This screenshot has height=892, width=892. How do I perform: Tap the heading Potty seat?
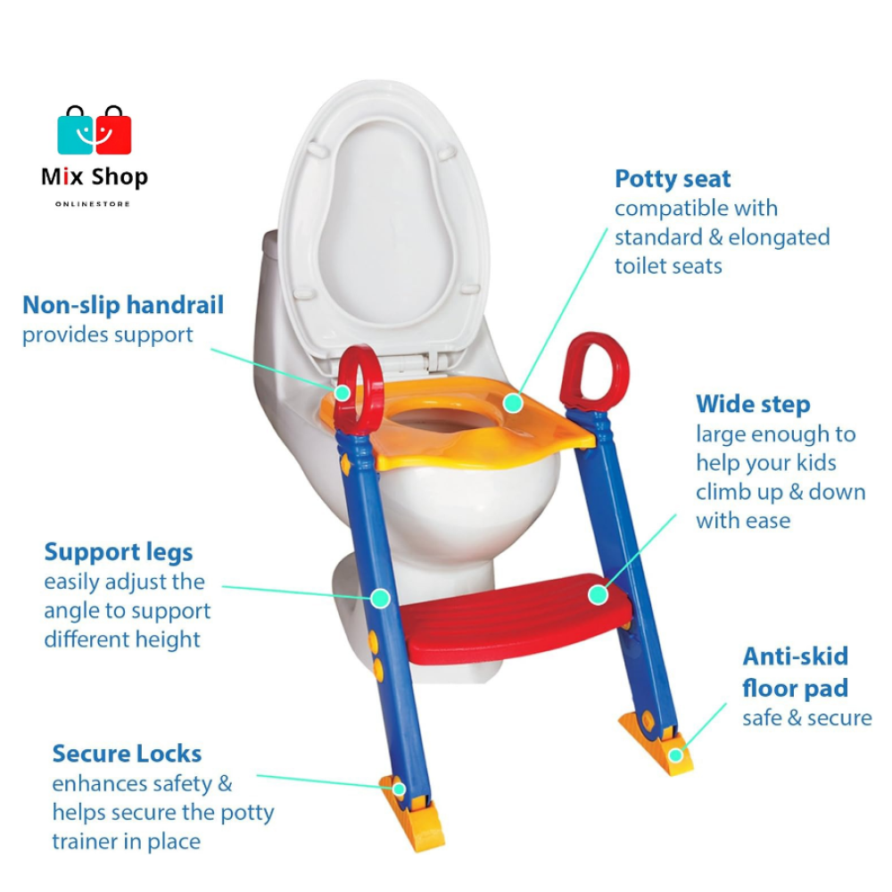tap(673, 178)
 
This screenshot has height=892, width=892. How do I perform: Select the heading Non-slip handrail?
tap(123, 305)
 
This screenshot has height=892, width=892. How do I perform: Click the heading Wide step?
tap(753, 404)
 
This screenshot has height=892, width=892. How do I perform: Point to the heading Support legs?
tap(119, 552)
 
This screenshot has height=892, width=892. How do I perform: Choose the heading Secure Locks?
tap(127, 754)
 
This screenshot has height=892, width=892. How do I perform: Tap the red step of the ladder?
tap(517, 620)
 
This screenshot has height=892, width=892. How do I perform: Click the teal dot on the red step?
tap(598, 594)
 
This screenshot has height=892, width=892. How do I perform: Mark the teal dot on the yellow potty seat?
tap(512, 403)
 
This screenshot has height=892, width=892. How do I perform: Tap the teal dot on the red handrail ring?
tap(343, 392)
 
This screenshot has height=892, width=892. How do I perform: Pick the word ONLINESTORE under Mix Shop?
tap(93, 204)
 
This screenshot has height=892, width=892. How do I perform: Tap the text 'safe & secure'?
tap(807, 718)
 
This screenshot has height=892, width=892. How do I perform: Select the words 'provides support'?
tap(107, 335)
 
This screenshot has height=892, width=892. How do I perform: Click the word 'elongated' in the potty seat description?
tap(779, 237)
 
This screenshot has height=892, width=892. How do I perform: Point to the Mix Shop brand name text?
tap(95, 178)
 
